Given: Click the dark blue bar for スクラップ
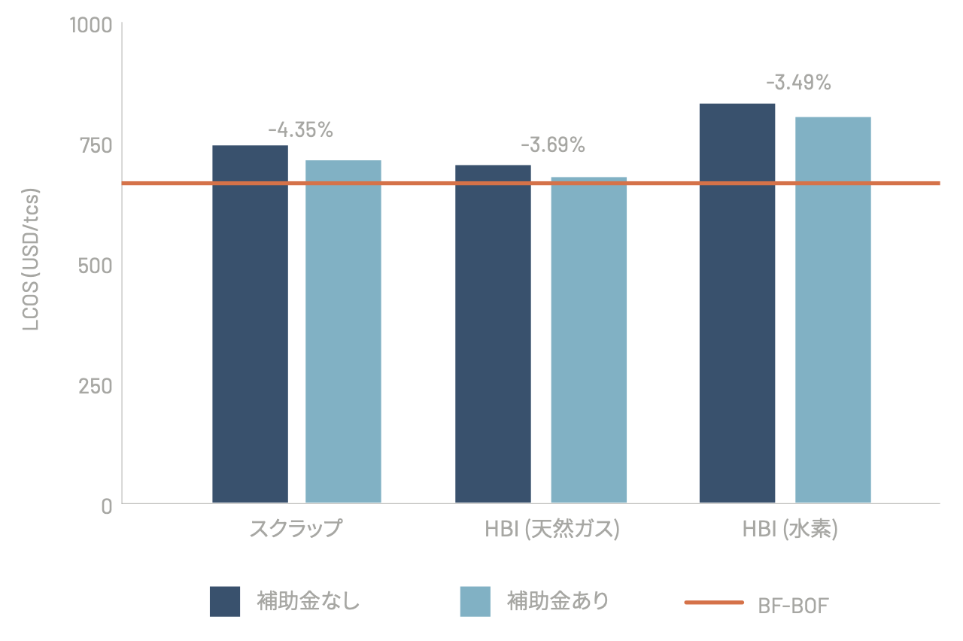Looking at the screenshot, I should pyautogui.click(x=250, y=324).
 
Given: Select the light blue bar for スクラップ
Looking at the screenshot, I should pyautogui.click(x=343, y=331).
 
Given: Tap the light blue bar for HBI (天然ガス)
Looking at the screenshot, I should pyautogui.click(x=588, y=339).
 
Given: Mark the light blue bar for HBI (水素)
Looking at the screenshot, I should pyautogui.click(x=833, y=309).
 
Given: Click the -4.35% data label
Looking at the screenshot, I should pyautogui.click(x=300, y=130).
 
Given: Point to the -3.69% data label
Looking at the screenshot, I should pyautogui.click(x=552, y=145).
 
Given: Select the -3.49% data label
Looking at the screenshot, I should pyautogui.click(x=798, y=83).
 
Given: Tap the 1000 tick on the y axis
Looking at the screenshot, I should pyautogui.click(x=90, y=25).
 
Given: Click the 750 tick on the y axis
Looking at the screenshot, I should pyautogui.click(x=96, y=145).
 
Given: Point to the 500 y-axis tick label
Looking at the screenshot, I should pyautogui.click(x=95, y=266).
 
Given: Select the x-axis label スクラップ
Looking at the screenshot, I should pyautogui.click(x=296, y=528).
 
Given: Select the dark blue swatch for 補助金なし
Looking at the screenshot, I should pyautogui.click(x=225, y=601).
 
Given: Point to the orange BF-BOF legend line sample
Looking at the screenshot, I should pyautogui.click(x=714, y=603).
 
